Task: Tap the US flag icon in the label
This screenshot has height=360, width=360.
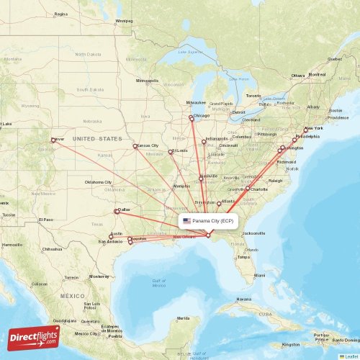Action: tap(186, 221)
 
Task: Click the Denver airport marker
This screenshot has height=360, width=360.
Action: tap(53, 140)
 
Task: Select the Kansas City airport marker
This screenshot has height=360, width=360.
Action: tap(135, 146)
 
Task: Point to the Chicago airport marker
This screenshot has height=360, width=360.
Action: tap(191, 118)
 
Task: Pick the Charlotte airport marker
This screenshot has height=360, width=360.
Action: tap(248, 189)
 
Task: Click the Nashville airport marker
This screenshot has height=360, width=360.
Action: tap(202, 178)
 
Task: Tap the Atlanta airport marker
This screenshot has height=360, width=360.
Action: tap(219, 204)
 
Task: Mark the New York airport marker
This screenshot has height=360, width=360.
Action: tap(306, 130)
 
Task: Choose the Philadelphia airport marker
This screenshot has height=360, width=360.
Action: tap(294, 140)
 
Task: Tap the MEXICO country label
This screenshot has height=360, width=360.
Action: tap(73, 296)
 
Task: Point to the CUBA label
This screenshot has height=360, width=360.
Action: tap(266, 315)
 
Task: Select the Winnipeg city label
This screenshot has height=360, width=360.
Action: tap(124, 21)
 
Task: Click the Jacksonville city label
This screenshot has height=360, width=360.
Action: tap(254, 233)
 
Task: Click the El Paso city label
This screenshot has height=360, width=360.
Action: tap(47, 219)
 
